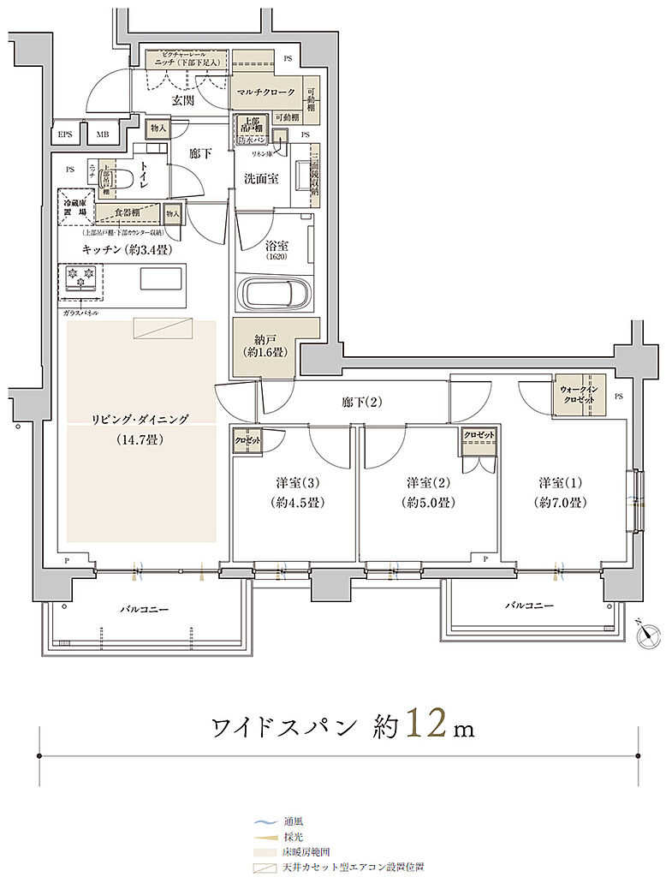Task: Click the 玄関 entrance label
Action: coord(181,100)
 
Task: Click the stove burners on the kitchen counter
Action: coord(78,278)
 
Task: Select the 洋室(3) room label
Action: coord(294,481)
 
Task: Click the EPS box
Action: coord(66,134)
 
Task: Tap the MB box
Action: coord(102,134)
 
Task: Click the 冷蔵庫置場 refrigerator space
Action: coord(75,206)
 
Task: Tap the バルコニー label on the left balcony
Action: coord(143,610)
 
